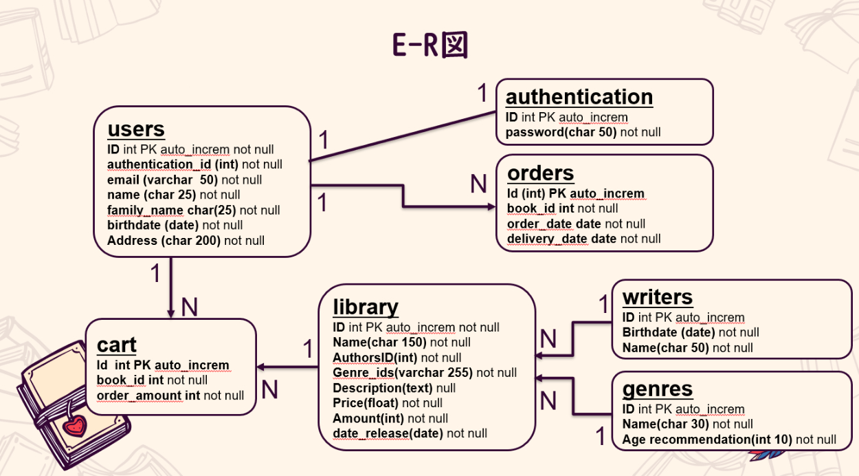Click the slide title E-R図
click(x=429, y=45)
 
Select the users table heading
click(x=136, y=129)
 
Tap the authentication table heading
click(x=579, y=97)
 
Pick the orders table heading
click(x=540, y=173)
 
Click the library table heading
click(x=365, y=307)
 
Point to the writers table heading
click(x=657, y=297)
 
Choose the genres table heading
click(x=657, y=389)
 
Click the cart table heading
click(x=116, y=345)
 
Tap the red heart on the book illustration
click(x=74, y=426)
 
